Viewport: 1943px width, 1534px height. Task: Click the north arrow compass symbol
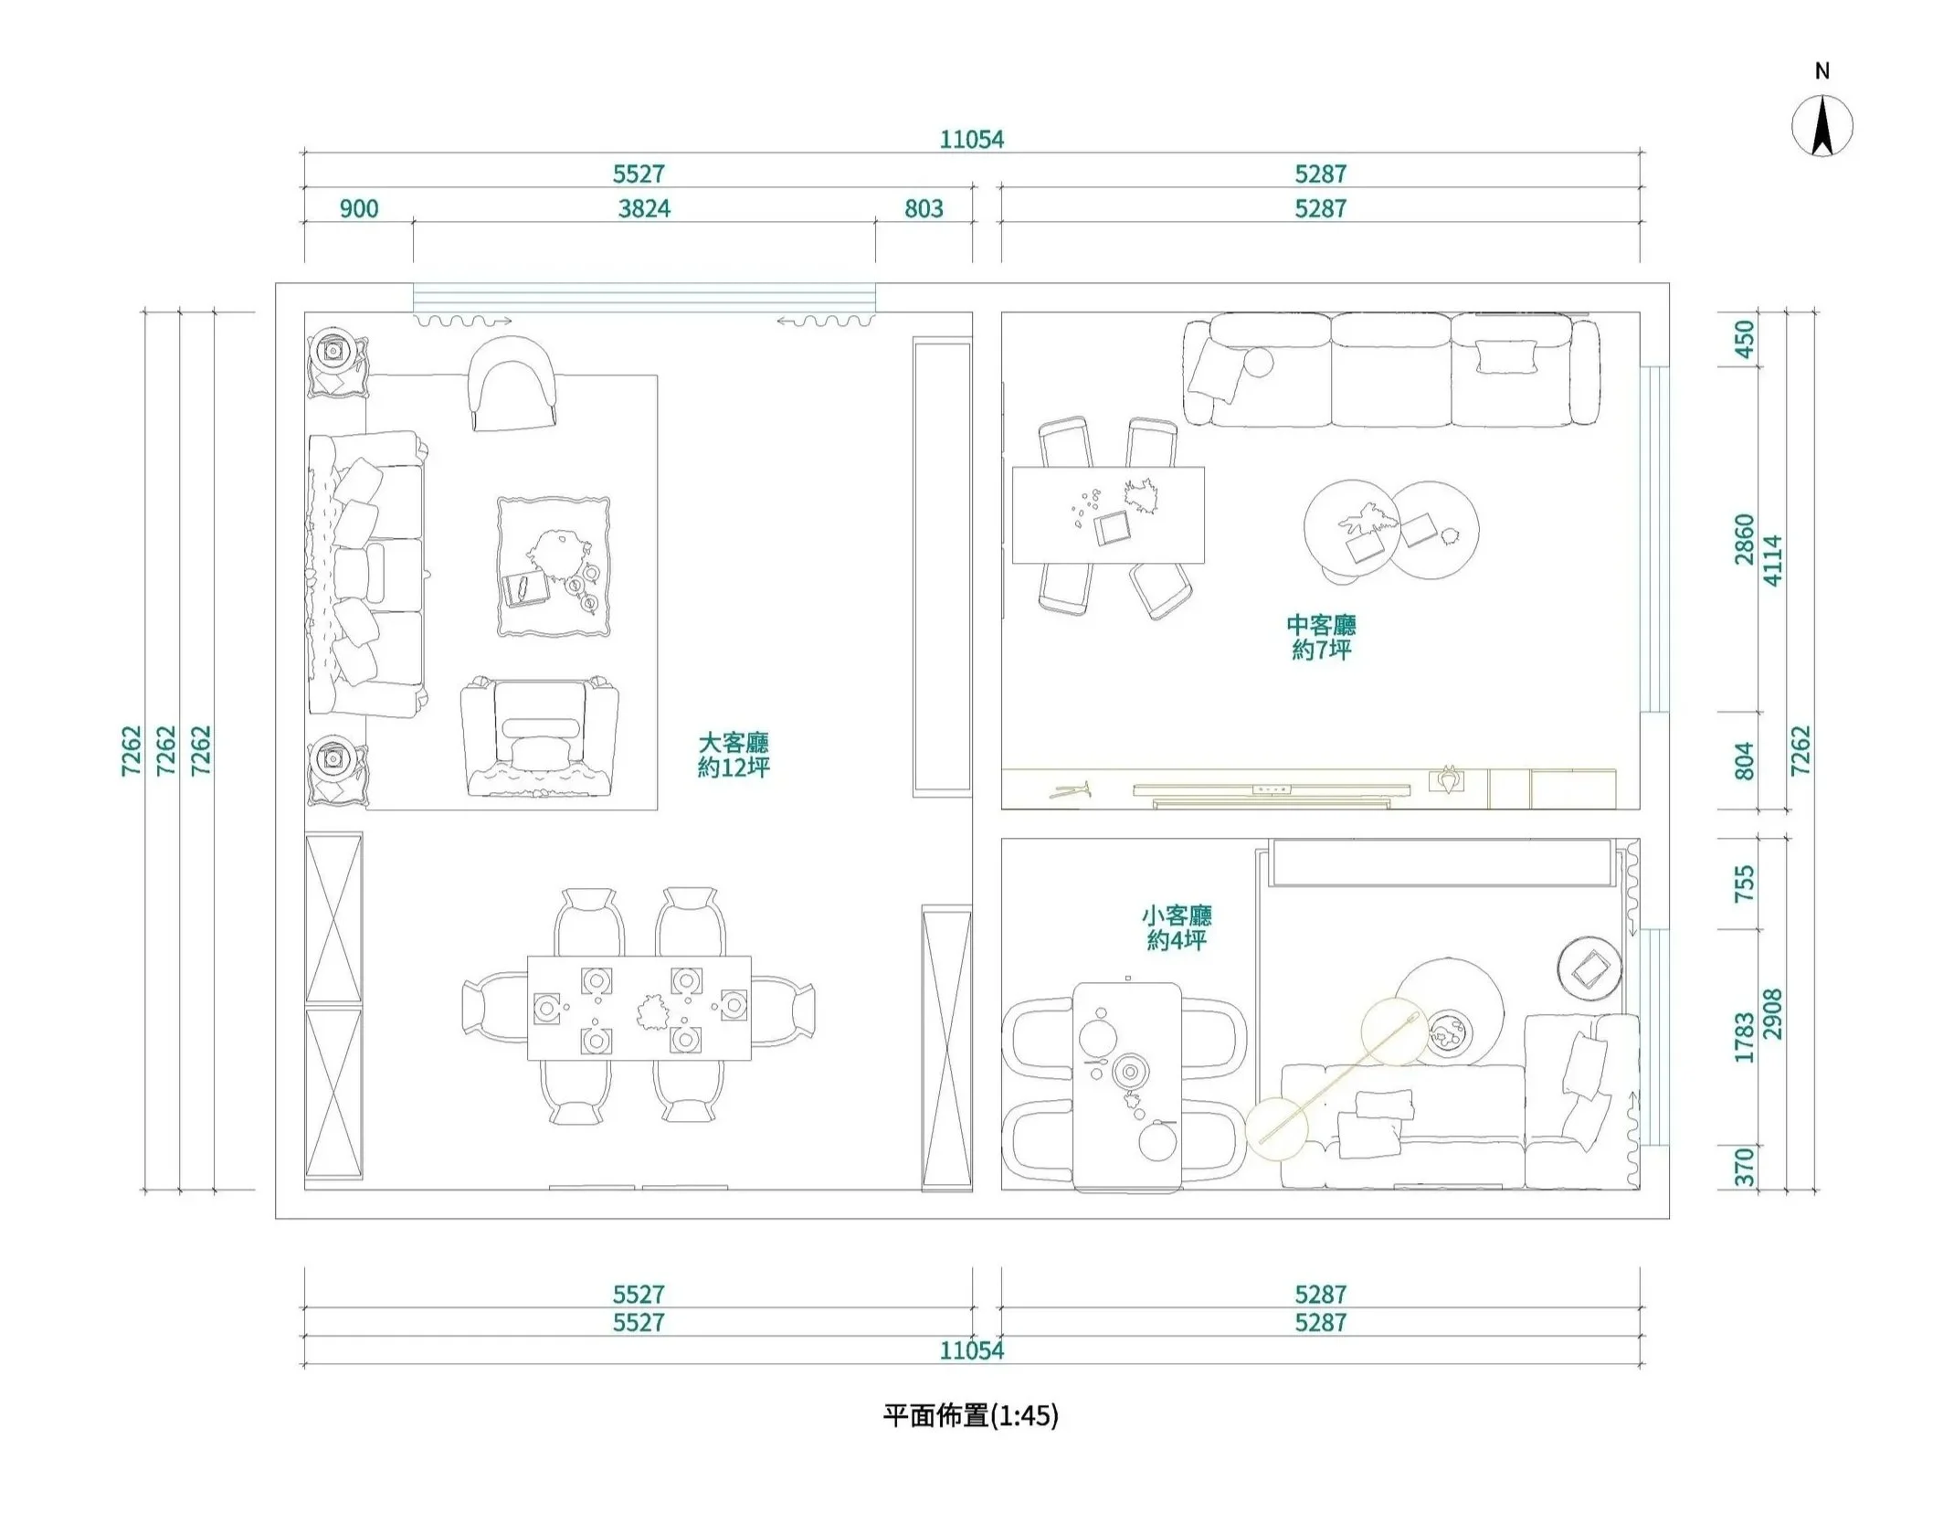click(1822, 127)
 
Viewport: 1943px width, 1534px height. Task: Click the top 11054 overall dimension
click(971, 140)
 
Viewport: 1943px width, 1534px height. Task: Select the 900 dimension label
click(359, 209)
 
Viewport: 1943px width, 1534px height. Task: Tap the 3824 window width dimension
click(644, 209)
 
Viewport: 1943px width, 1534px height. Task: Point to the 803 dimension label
click(924, 209)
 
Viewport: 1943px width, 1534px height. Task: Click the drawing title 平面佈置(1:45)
click(970, 1415)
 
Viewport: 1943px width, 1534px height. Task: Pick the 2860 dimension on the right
click(1745, 539)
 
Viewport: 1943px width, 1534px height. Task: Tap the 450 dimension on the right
click(1745, 339)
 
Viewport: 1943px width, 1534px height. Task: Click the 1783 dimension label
click(1745, 1037)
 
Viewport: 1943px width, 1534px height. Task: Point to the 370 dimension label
click(1745, 1168)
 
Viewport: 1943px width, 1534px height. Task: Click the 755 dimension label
click(1745, 883)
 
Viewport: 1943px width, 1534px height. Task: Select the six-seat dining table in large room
click(639, 1008)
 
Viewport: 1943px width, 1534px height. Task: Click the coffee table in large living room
click(554, 566)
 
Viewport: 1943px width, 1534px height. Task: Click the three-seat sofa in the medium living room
click(1390, 369)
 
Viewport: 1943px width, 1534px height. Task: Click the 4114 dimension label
click(1772, 560)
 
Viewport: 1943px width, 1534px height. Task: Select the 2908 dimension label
click(1772, 1013)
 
